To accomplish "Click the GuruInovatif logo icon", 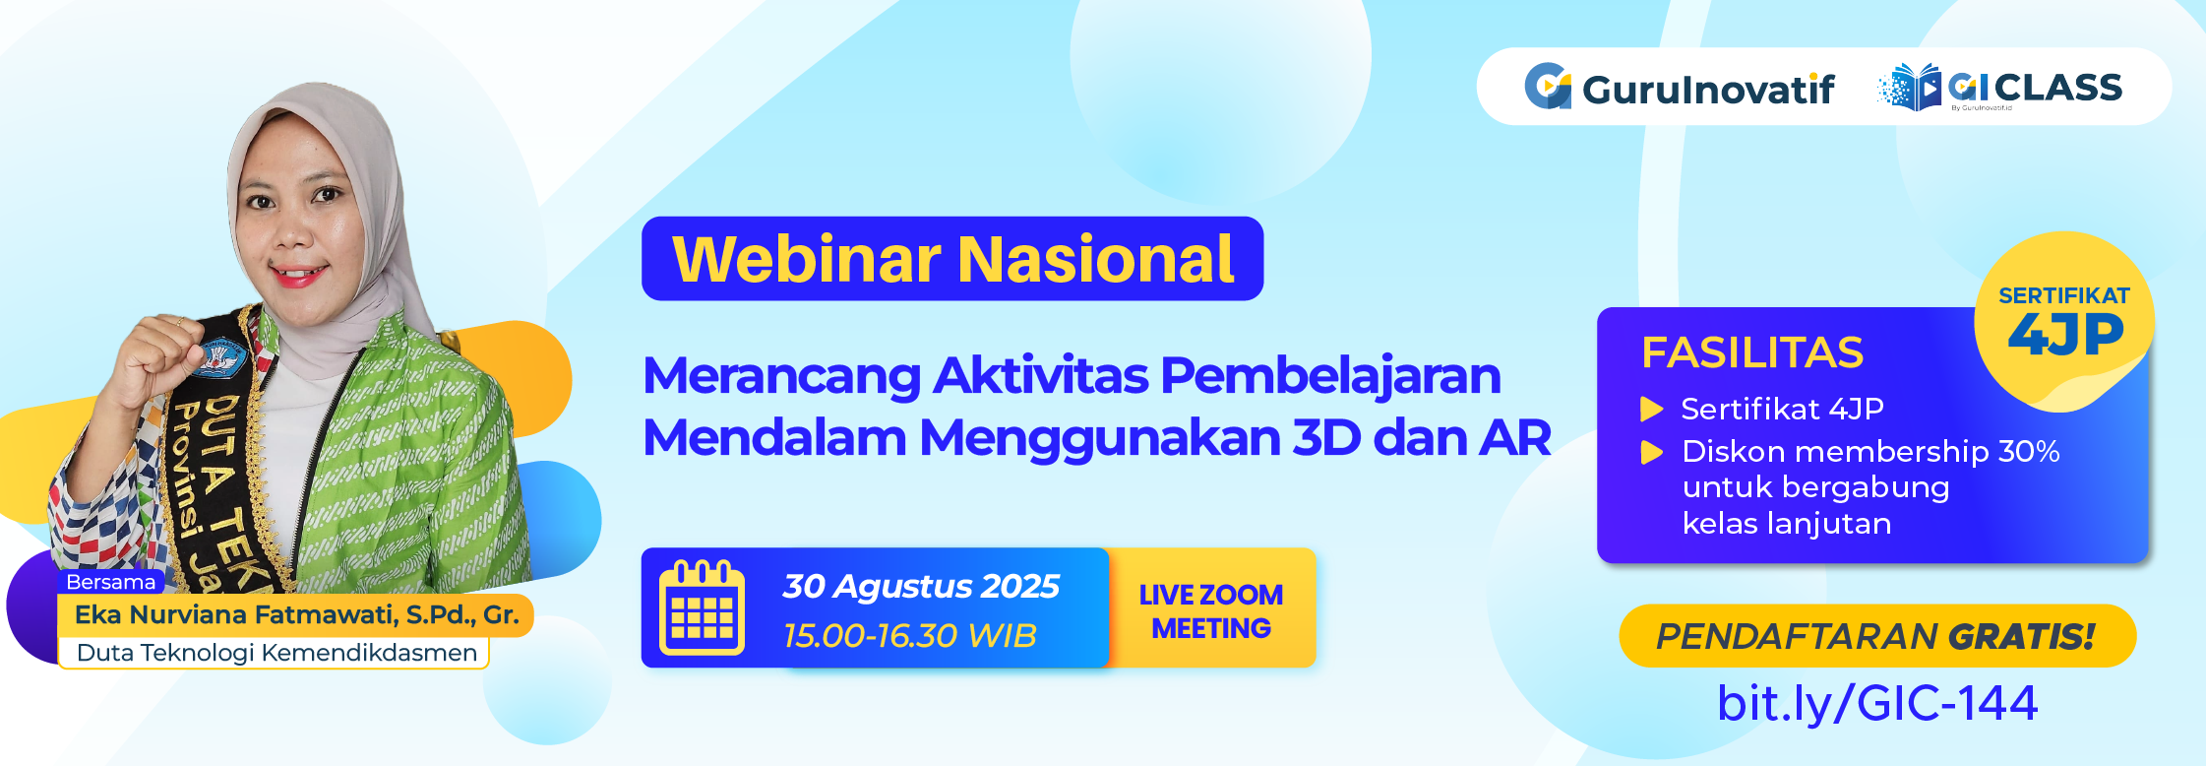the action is [1548, 87].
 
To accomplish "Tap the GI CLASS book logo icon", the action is [1910, 88].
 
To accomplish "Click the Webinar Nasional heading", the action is [952, 259].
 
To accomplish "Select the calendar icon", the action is [702, 607].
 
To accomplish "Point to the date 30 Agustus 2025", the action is [921, 586].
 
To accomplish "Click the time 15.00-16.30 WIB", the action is [910, 635].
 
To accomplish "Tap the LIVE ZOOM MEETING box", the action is [1211, 608].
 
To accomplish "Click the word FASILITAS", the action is [1752, 352].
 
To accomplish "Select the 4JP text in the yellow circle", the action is [2065, 335].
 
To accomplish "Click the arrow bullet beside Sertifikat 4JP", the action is [1652, 409].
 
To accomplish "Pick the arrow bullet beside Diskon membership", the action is [1652, 452].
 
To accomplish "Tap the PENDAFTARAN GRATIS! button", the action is [1877, 636].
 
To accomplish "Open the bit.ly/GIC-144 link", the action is [1877, 703].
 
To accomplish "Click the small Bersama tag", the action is [110, 582].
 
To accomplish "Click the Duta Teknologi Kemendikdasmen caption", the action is [276, 653].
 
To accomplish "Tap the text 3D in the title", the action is [1326, 437].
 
